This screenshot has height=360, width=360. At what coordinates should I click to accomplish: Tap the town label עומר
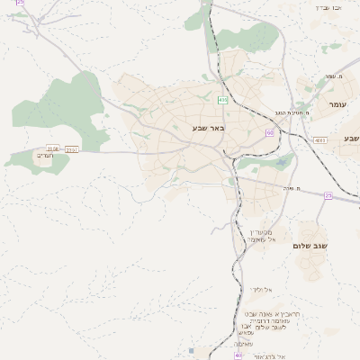(x=337, y=105)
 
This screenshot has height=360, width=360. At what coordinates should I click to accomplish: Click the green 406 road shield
(x=220, y=98)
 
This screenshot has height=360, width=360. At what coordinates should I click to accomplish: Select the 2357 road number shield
(x=72, y=149)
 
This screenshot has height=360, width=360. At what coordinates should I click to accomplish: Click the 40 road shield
(x=239, y=355)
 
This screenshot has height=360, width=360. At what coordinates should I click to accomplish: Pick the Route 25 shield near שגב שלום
(x=328, y=195)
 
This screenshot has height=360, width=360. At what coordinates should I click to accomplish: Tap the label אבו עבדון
(x=328, y=7)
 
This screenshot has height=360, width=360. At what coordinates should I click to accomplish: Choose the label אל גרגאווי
(x=269, y=357)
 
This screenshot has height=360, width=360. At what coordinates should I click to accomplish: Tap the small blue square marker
(x=191, y=350)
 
